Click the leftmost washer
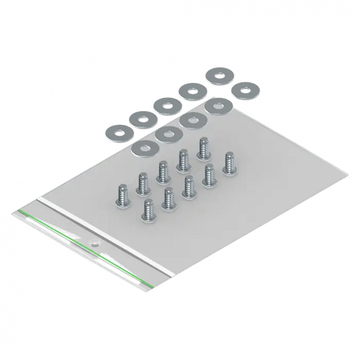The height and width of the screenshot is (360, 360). coord(118,130)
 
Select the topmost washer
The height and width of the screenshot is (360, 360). coord(218,75)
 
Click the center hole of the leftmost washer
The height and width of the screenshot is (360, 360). coord(118,130)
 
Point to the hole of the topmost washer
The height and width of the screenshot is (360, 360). coord(218,75)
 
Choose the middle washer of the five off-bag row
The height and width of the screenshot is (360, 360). coord(166,105)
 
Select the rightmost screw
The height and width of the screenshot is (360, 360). coord(229,163)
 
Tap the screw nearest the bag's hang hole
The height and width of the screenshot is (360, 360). coord(148,210)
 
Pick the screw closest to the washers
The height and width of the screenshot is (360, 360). coord(203,148)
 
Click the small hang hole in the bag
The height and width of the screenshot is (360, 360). coord(94,245)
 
